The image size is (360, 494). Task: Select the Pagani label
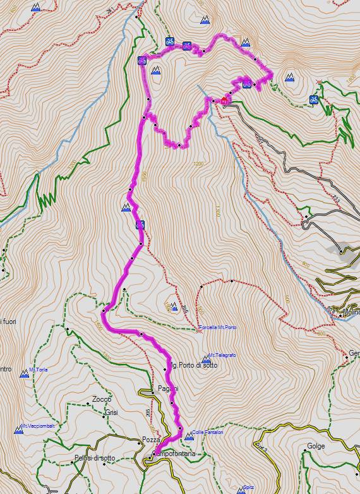(x=167, y=389)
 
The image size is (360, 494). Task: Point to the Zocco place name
(x=101, y=399)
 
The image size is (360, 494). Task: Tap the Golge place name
(x=316, y=446)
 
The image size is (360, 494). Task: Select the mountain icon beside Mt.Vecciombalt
(x=18, y=430)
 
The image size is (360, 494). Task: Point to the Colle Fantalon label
(x=208, y=432)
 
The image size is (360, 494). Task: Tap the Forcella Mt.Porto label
(x=218, y=327)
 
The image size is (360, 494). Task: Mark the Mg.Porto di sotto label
(x=194, y=366)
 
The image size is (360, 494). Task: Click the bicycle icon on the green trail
(x=313, y=99)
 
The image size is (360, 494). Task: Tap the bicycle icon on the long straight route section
(x=140, y=224)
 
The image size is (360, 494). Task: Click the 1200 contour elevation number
(x=200, y=164)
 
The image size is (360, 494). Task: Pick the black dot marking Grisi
(x=104, y=415)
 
